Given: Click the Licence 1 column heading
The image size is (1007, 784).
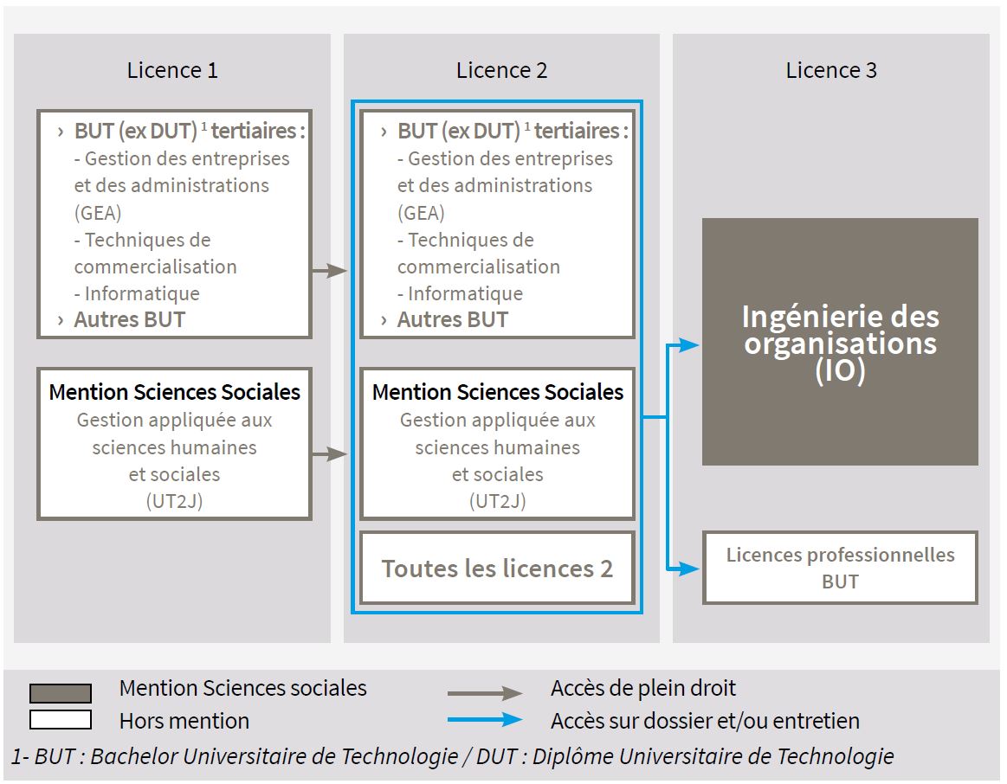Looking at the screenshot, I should (x=172, y=70).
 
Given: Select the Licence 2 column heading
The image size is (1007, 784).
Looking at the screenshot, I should (x=502, y=70).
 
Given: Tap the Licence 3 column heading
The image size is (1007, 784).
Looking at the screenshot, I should (x=831, y=70).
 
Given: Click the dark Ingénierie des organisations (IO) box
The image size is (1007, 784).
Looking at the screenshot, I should (x=840, y=342).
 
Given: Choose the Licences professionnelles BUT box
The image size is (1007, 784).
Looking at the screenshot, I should (x=840, y=568).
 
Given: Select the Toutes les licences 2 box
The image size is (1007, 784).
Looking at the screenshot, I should (x=497, y=569).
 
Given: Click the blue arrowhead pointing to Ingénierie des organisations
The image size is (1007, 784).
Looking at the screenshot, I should (x=688, y=345).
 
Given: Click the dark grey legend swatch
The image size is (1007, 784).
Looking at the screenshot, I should (x=61, y=693).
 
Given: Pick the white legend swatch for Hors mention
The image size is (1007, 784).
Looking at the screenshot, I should (x=61, y=720).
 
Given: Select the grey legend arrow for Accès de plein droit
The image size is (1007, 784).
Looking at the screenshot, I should (x=485, y=693).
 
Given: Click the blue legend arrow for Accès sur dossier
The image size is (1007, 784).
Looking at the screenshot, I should (x=485, y=720).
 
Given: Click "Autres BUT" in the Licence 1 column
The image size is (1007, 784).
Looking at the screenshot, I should (x=130, y=319).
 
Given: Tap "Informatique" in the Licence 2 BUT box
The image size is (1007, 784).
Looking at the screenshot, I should (x=465, y=293).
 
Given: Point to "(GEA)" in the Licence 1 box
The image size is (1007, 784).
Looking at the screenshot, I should (x=98, y=213).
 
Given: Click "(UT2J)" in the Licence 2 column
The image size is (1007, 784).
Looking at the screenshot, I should (x=497, y=500).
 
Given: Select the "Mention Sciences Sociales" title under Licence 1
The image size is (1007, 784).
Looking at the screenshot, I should (x=174, y=392).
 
